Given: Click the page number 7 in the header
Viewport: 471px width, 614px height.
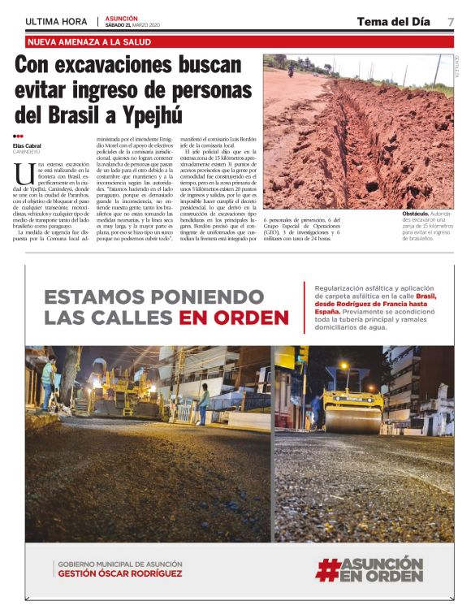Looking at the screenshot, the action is coord(450,21).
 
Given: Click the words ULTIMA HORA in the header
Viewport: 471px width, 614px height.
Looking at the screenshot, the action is coord(57,21).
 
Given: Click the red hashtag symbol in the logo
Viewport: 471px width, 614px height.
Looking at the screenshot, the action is coord(327,569).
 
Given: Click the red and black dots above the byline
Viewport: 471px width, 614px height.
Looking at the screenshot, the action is coord(19,136).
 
